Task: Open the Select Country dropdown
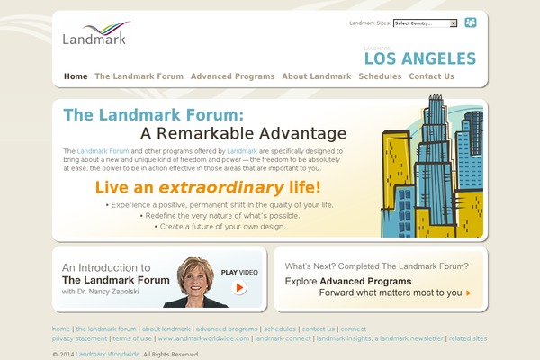pyautogui.click(x=425, y=23)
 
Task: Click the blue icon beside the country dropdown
pyautogui.click(x=470, y=22)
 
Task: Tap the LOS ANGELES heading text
pyautogui.click(x=419, y=59)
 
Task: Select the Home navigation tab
pyautogui.click(x=76, y=76)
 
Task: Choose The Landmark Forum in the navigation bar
pyautogui.click(x=139, y=76)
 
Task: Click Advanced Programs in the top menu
pyautogui.click(x=232, y=76)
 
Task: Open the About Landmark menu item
pyautogui.click(x=316, y=76)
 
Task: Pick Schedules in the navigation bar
pyautogui.click(x=380, y=76)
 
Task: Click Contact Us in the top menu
pyautogui.click(x=431, y=76)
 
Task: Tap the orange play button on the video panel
pyautogui.click(x=239, y=288)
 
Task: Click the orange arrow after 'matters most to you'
pyautogui.click(x=468, y=292)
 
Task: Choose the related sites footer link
pyautogui.click(x=467, y=338)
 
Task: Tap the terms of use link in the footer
pyautogui.click(x=132, y=338)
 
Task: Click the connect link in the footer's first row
pyautogui.click(x=353, y=328)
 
